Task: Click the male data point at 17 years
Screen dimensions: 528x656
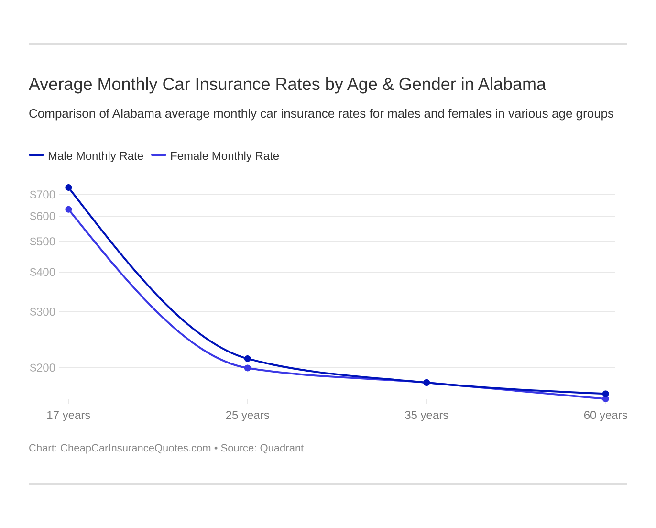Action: (x=68, y=187)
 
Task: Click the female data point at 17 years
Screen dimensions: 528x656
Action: (x=68, y=209)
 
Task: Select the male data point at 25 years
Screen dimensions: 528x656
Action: (x=248, y=359)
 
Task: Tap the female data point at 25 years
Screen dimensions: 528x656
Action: (x=248, y=368)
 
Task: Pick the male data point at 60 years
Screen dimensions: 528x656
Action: (x=605, y=394)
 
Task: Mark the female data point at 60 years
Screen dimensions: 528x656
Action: (x=605, y=399)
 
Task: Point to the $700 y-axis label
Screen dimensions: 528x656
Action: (x=43, y=195)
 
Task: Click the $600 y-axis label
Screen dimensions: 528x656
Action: (x=43, y=216)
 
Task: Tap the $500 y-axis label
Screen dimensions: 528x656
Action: (x=43, y=242)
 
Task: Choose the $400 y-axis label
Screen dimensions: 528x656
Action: (x=43, y=272)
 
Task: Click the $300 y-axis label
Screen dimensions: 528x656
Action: (x=43, y=312)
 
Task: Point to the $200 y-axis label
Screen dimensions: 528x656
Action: (x=43, y=368)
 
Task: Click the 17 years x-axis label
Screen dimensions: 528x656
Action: (x=68, y=415)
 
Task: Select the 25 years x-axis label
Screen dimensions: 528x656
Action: (x=248, y=415)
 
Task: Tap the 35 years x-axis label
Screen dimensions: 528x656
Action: (x=426, y=415)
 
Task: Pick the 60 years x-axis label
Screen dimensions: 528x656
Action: (x=605, y=415)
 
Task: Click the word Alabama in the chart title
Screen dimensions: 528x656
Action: (x=512, y=84)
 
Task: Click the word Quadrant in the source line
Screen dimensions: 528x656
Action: (x=282, y=448)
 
